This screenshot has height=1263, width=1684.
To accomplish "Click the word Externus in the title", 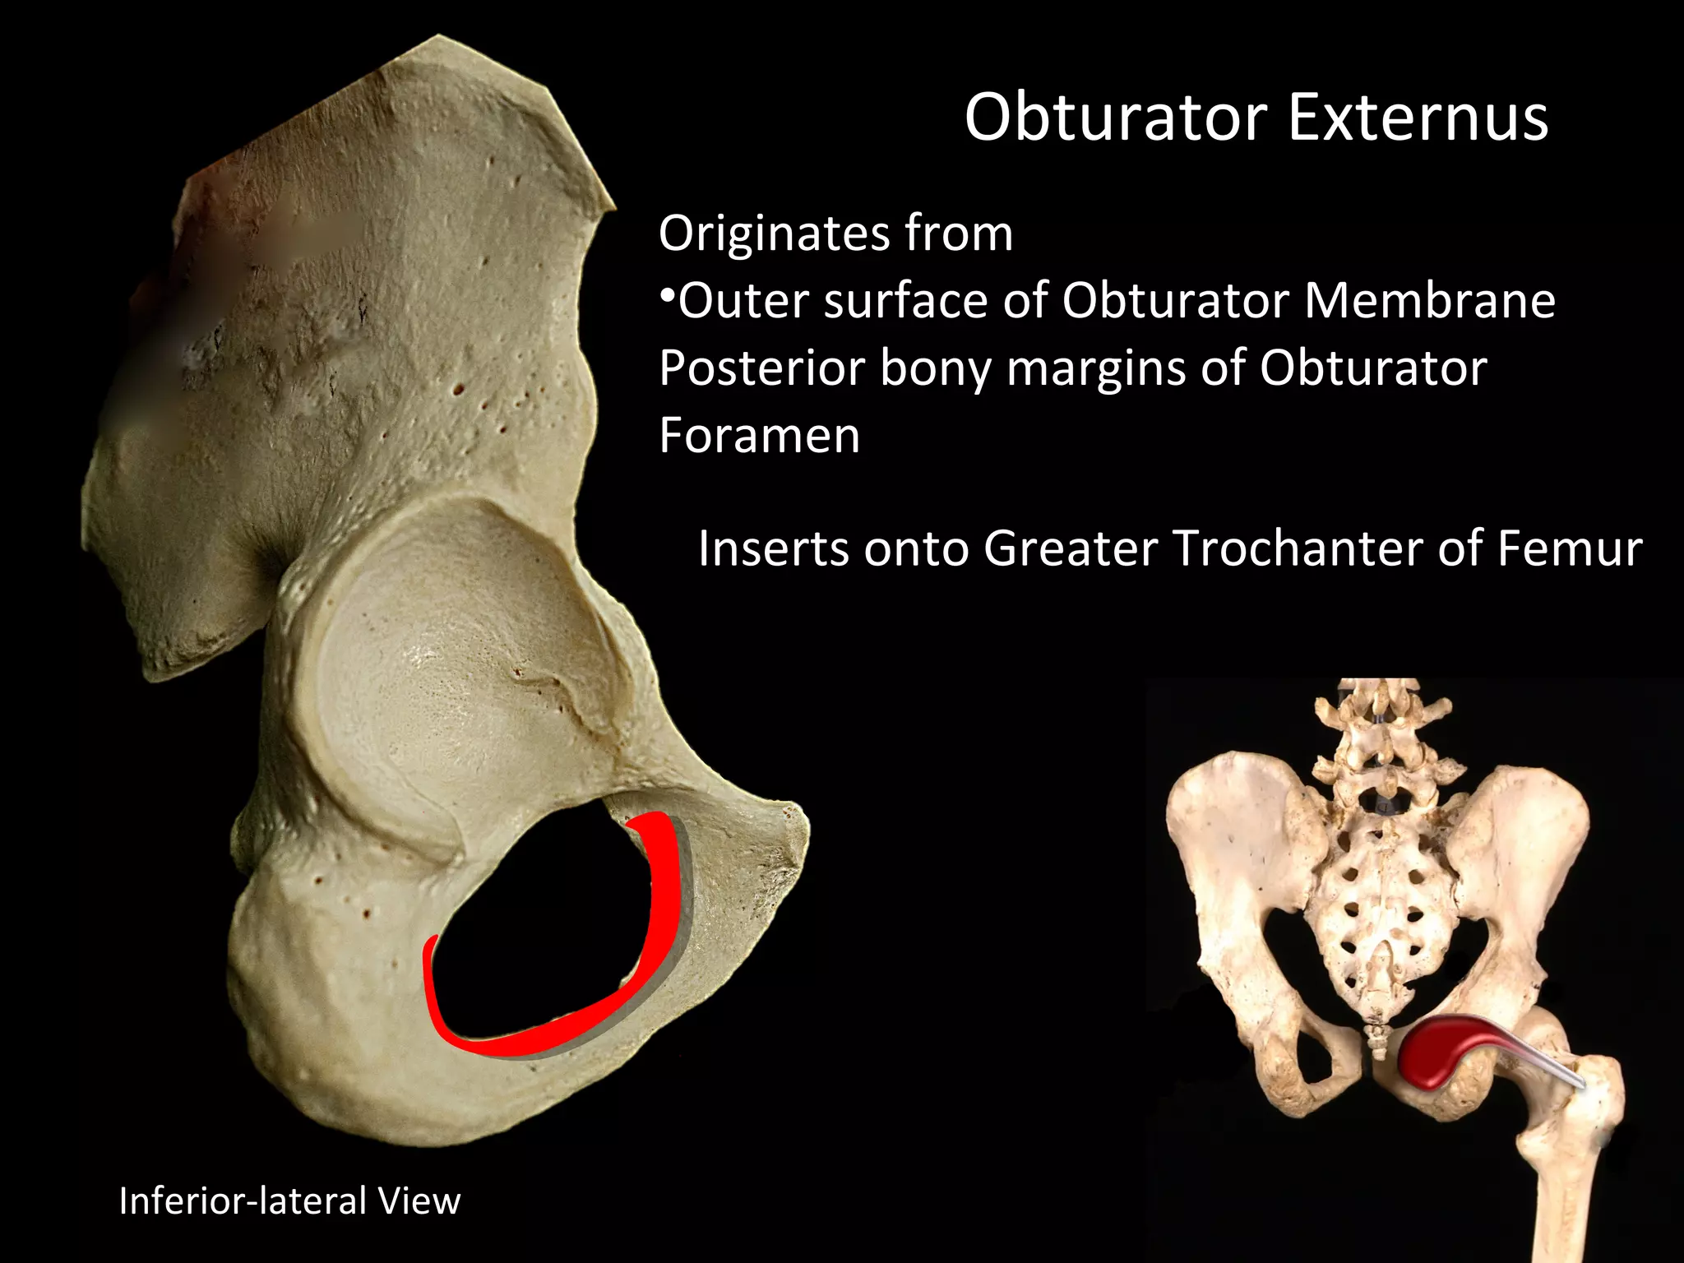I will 1418,118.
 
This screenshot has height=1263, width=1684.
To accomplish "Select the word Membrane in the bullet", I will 1429,301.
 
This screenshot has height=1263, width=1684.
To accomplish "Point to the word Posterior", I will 761,368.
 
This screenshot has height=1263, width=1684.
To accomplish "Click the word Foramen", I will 759,435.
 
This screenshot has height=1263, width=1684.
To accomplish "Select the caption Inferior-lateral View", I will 289,1201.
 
